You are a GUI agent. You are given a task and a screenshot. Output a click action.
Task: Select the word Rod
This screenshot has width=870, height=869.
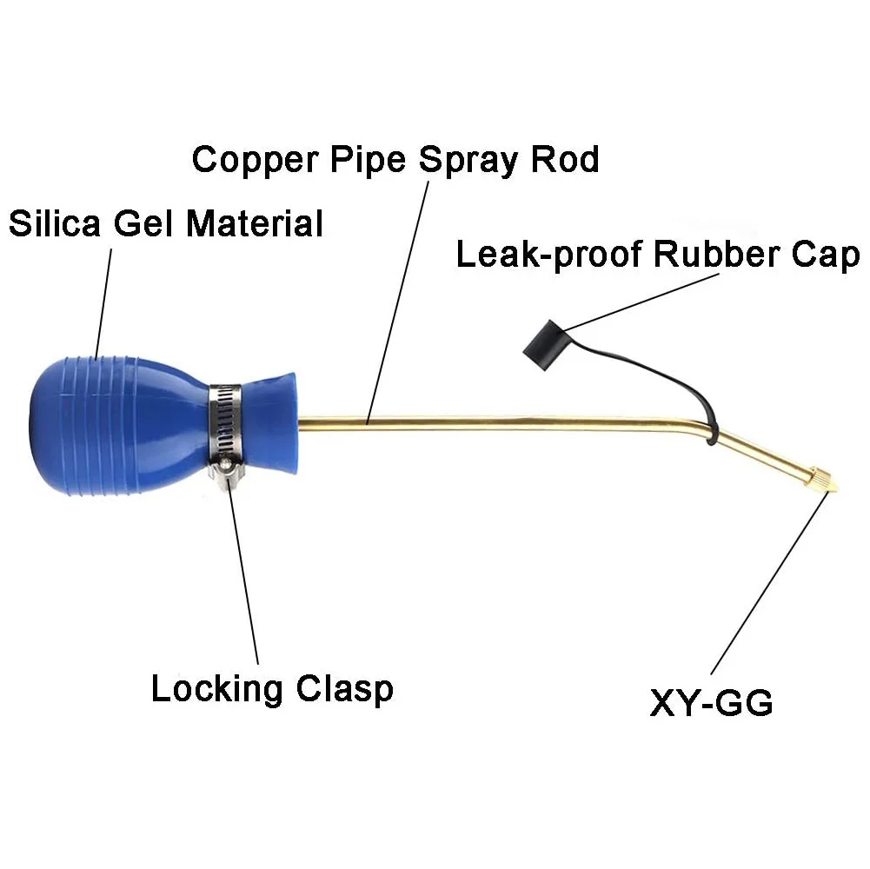coord(565,159)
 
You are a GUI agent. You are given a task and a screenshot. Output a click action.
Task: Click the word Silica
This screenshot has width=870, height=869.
coord(55,223)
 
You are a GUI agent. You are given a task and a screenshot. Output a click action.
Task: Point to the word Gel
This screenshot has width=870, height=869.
coord(144,223)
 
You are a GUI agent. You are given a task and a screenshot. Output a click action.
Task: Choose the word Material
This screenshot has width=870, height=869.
coord(255,223)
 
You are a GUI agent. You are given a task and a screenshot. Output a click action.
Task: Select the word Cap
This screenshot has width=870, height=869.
coord(826,255)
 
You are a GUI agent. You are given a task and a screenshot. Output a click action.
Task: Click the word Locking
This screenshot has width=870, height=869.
coord(217,690)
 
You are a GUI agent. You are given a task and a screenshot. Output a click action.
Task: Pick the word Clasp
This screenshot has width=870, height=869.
coord(344,690)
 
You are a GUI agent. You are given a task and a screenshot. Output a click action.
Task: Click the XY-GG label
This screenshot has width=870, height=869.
coord(711,703)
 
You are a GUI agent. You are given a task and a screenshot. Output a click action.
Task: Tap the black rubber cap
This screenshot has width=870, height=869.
coord(544,345)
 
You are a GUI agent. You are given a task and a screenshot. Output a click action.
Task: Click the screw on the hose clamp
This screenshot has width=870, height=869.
coord(226,466)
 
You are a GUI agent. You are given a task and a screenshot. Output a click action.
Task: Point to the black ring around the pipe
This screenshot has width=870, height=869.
coord(713,432)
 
